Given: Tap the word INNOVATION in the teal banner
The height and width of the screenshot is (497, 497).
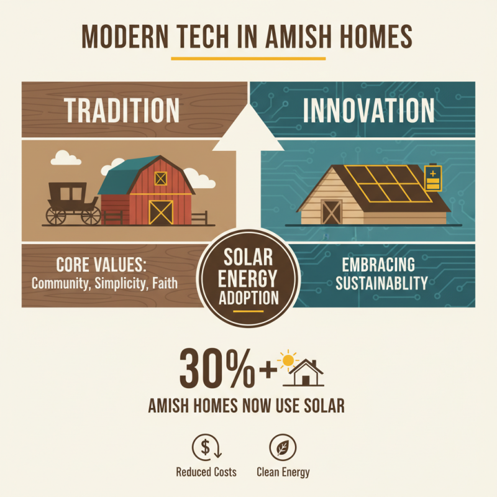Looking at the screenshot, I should (368, 110).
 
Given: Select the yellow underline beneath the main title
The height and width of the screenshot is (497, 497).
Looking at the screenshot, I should (248, 59).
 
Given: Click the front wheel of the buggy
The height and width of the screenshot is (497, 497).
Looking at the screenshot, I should (91, 216).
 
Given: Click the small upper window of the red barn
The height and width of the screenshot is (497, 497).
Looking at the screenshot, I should (161, 178).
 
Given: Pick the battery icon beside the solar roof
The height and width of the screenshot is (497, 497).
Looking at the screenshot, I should (431, 178).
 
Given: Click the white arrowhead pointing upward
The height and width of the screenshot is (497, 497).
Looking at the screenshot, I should (248, 127).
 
